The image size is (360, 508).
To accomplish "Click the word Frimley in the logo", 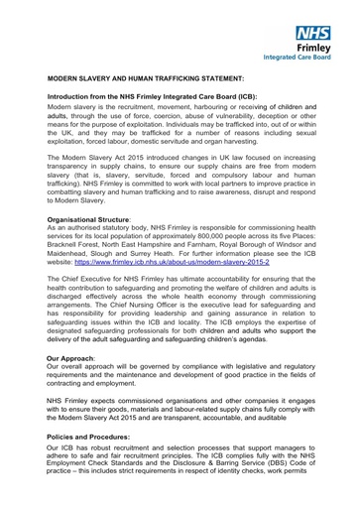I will pos(314,47).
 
